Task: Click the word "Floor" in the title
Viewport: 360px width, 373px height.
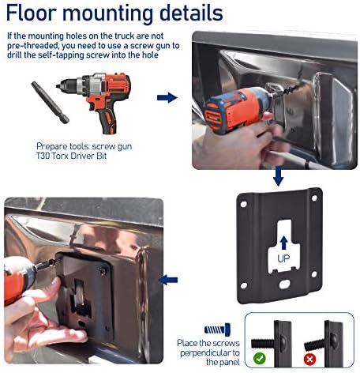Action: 31,13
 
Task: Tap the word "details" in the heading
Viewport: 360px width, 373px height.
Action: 191,13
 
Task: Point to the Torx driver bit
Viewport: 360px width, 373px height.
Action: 50,102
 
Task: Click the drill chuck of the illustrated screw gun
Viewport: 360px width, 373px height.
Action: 68,85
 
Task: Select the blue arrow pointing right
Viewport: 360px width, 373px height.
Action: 167,97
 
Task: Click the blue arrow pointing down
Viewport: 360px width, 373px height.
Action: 278,175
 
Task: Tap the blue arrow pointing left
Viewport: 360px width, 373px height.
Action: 168,280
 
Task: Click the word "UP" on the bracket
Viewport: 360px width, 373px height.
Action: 283,258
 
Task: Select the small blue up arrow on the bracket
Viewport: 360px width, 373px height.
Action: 283,243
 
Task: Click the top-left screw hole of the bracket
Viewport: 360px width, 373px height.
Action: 244,204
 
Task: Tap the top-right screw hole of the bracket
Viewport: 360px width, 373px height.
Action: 314,198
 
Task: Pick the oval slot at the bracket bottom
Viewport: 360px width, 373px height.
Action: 285,284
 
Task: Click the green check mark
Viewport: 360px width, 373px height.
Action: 260,359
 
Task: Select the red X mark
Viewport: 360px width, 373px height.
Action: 310,360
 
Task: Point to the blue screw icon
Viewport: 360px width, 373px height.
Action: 217,330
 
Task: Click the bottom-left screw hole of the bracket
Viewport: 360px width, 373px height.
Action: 244,285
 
